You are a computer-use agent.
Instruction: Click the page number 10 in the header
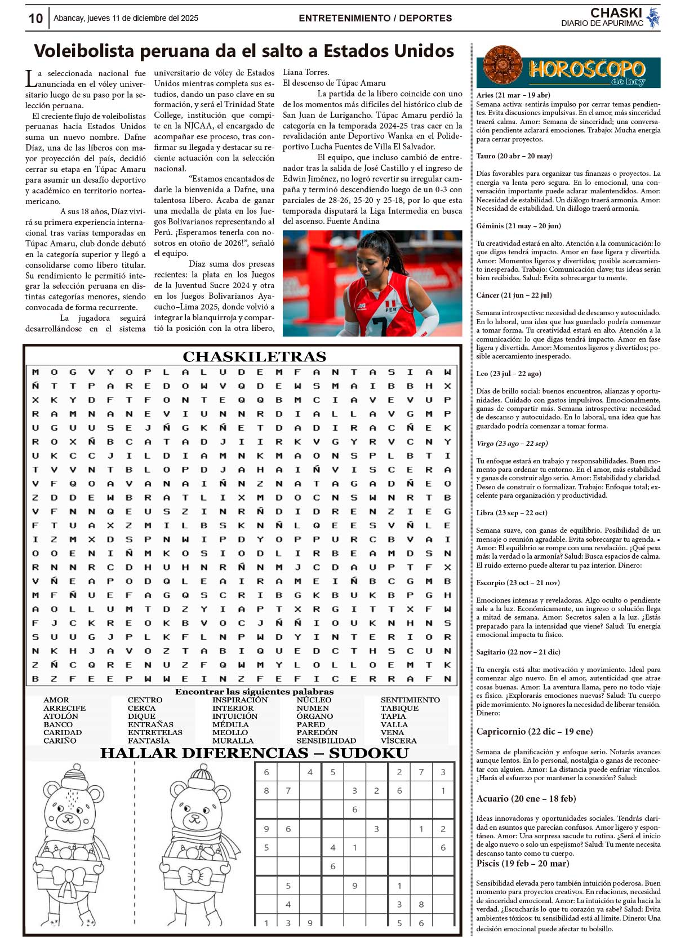click(35, 19)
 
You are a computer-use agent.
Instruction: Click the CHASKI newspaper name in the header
click(616, 13)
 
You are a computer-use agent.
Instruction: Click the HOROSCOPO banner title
click(586, 69)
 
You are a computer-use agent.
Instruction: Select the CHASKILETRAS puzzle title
click(254, 357)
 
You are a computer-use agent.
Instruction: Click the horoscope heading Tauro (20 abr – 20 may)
click(514, 156)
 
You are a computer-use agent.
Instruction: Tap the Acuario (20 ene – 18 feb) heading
click(526, 799)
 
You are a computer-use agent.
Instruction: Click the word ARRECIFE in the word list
click(65, 708)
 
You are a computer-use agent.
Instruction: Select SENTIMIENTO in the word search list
click(410, 700)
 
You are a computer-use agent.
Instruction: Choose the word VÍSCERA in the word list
click(398, 741)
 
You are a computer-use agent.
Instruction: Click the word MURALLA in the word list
click(233, 741)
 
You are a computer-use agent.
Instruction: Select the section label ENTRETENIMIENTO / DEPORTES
click(375, 19)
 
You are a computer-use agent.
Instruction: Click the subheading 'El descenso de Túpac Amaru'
click(334, 83)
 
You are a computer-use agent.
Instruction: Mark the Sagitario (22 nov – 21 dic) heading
click(518, 652)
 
